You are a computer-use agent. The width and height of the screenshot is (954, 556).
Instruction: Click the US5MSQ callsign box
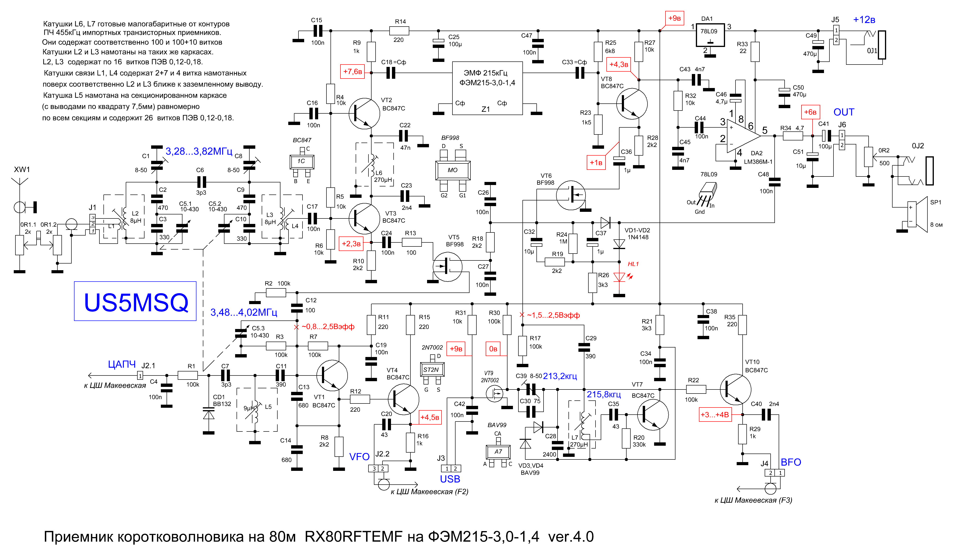[135, 301]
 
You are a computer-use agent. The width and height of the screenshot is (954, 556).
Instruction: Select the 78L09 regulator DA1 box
[710, 35]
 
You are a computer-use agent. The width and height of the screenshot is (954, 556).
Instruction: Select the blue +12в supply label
[864, 20]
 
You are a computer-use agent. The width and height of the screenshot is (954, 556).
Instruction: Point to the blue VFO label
[359, 457]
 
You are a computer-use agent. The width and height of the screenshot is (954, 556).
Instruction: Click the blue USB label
[450, 479]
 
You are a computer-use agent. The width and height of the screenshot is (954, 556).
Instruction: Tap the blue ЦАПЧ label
[122, 364]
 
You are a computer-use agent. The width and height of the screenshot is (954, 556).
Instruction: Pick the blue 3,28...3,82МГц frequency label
[199, 151]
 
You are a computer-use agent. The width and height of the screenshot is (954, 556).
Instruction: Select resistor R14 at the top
[399, 31]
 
